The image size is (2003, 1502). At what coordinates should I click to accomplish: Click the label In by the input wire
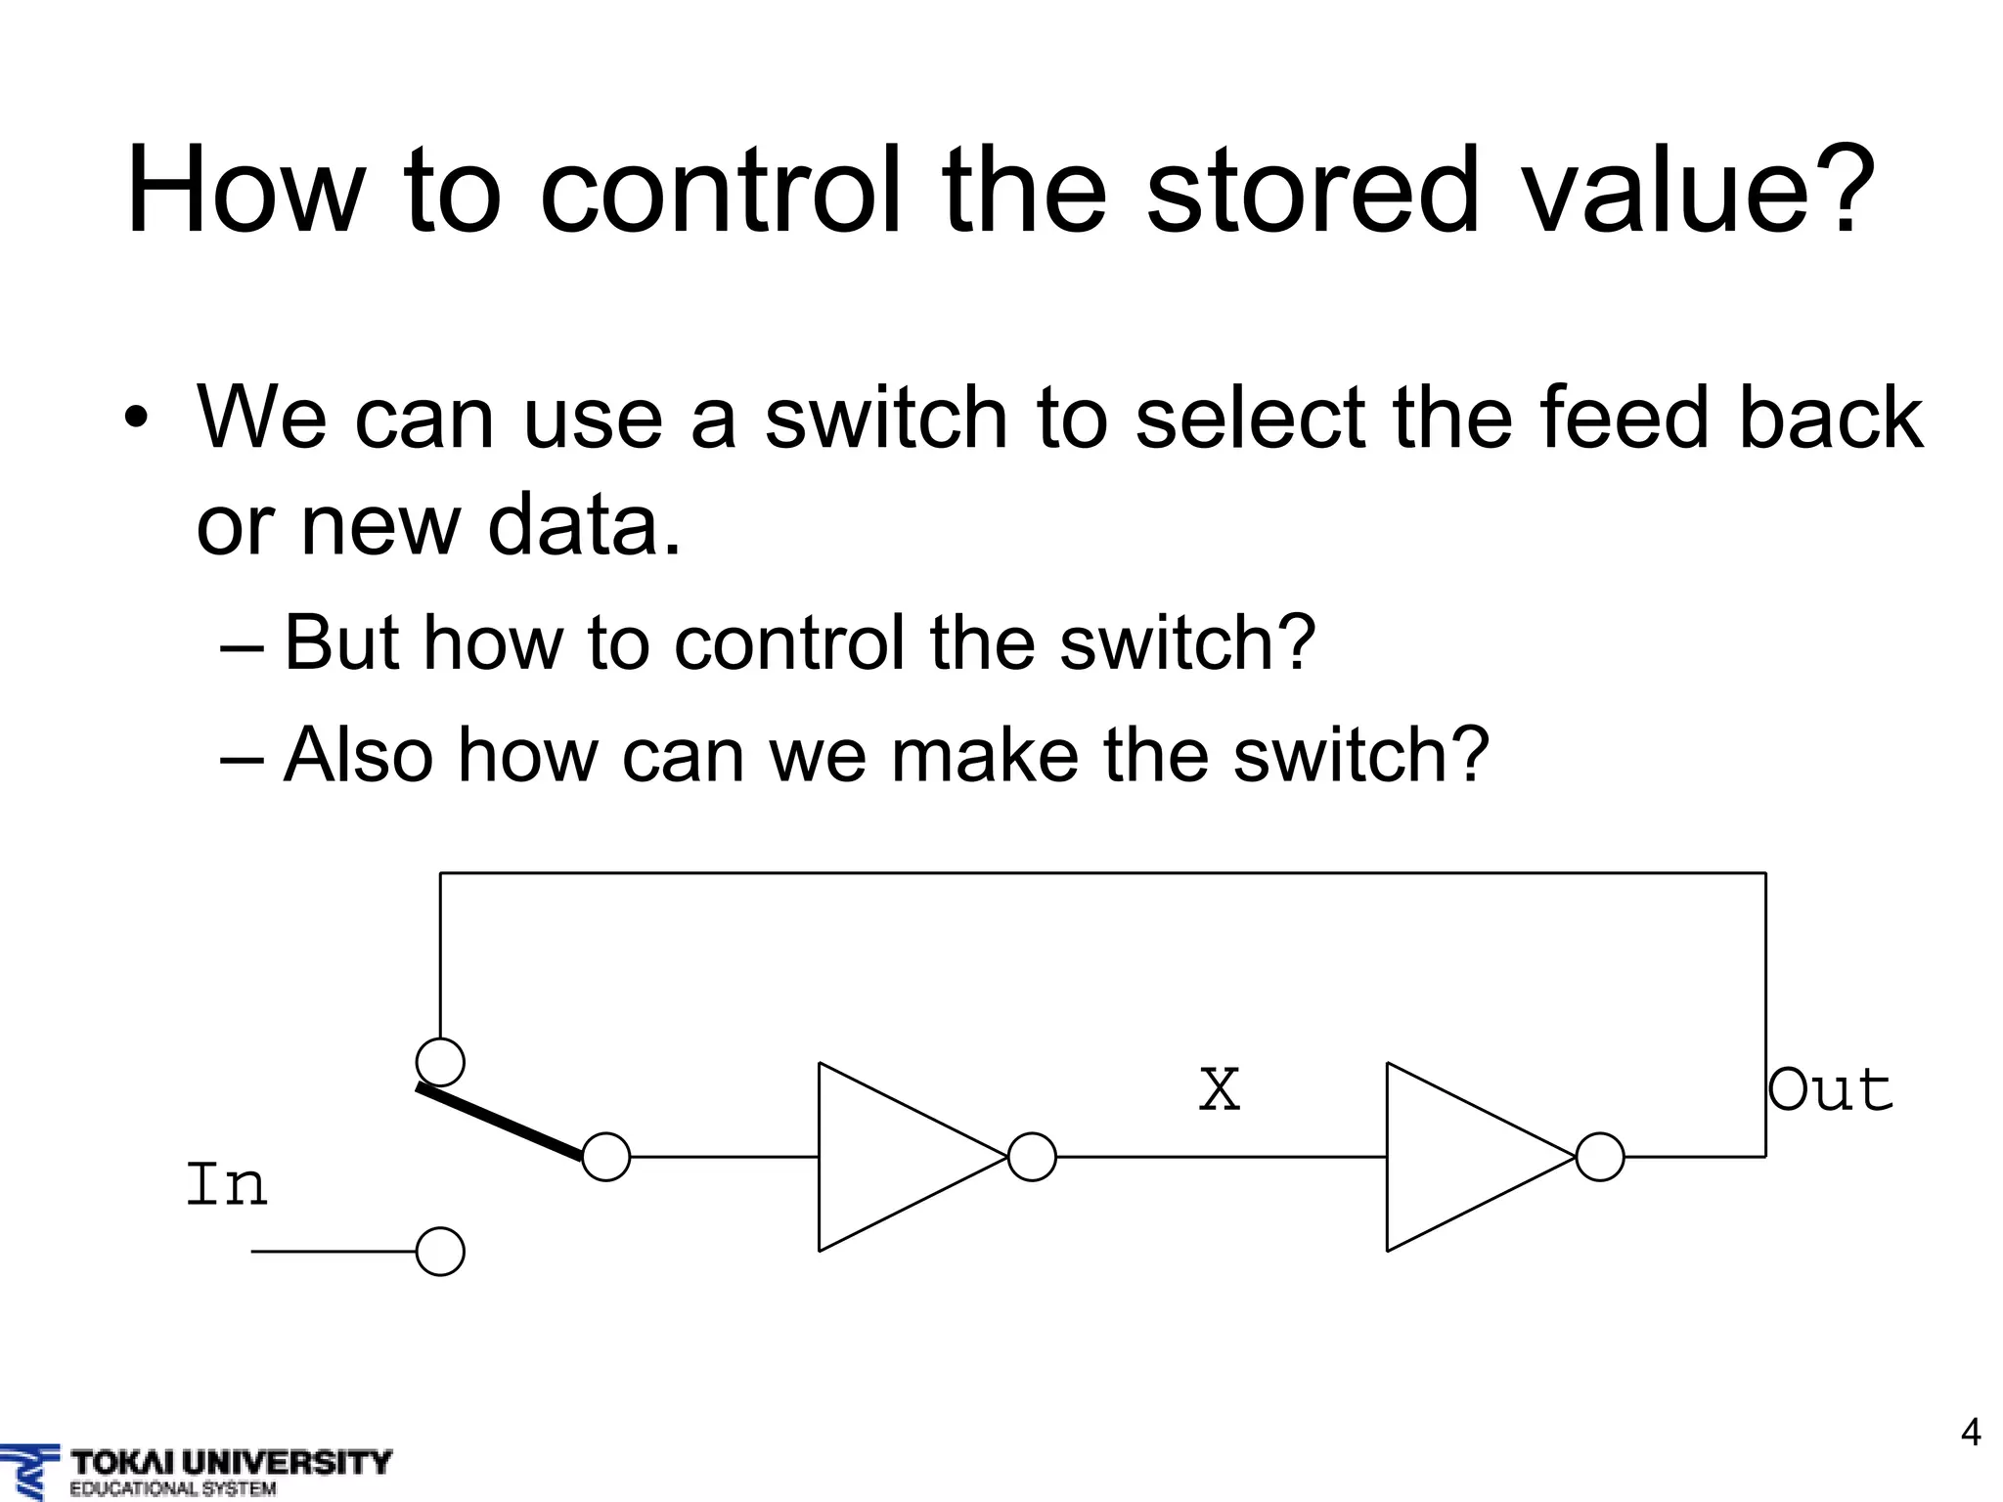[x=226, y=1185]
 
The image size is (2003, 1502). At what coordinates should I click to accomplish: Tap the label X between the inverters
[x=1220, y=1090]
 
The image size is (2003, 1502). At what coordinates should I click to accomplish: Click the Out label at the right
[x=1831, y=1090]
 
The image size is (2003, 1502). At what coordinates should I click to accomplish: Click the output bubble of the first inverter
[x=1032, y=1157]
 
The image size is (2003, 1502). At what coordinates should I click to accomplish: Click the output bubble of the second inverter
[x=1600, y=1157]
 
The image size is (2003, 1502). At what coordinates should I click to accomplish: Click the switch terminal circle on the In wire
[x=440, y=1252]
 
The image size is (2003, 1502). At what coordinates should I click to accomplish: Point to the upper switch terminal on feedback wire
[x=440, y=1062]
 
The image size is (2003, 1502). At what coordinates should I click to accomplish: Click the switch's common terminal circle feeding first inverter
[x=606, y=1157]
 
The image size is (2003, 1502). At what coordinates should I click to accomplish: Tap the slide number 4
[x=1971, y=1432]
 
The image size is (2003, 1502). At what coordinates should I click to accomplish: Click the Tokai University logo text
[x=231, y=1463]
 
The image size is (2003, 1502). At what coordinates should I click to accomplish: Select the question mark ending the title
[x=1844, y=191]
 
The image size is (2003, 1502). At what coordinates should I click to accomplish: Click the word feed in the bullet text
[x=1620, y=419]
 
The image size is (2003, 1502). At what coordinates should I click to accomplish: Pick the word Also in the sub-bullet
[x=358, y=755]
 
